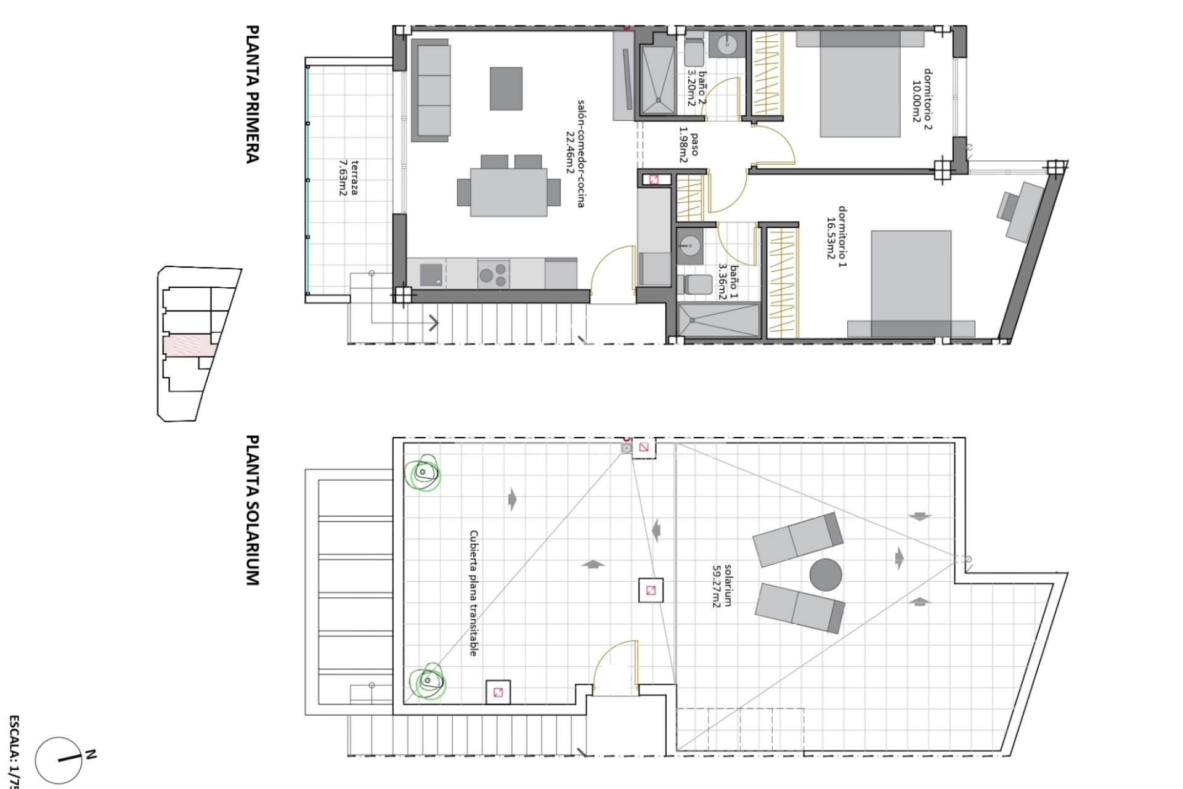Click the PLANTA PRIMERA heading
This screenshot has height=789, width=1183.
pos(252,94)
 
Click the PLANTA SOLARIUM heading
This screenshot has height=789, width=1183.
pos(252,510)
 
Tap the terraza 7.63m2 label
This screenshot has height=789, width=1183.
pos(349,178)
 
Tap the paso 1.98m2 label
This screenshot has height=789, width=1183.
pos(689,148)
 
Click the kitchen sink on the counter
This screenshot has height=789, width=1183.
pos(432,274)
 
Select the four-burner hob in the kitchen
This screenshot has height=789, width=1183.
pos(493,274)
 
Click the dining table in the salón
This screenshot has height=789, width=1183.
pos(508,192)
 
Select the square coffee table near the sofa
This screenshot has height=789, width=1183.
pos(506,89)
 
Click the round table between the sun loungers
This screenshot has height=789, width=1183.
pos(826,575)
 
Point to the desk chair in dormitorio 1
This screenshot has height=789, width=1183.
pos(1009,206)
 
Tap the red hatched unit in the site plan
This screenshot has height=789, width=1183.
pos(189,345)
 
